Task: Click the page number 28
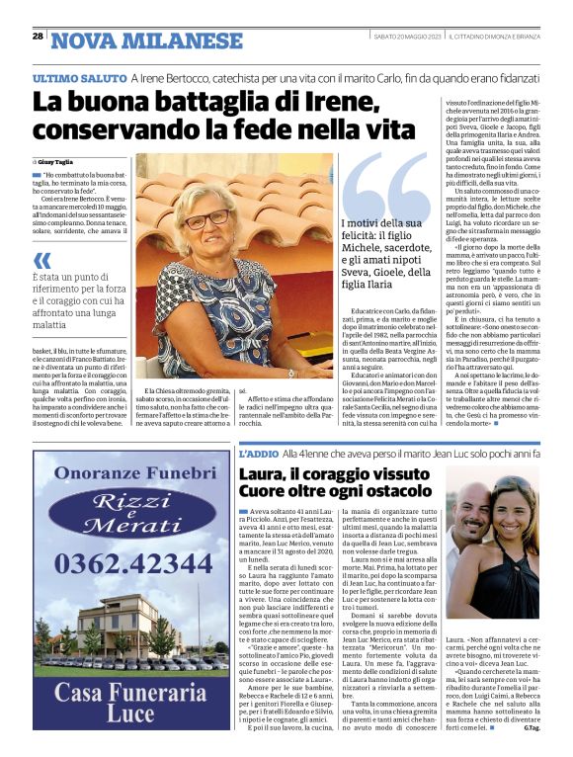tap(37, 38)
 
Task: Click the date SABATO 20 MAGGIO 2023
tap(407, 38)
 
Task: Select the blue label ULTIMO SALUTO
tap(78, 76)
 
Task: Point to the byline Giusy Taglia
tap(57, 160)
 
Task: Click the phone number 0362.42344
tap(131, 563)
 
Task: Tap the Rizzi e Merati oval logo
tap(130, 514)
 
